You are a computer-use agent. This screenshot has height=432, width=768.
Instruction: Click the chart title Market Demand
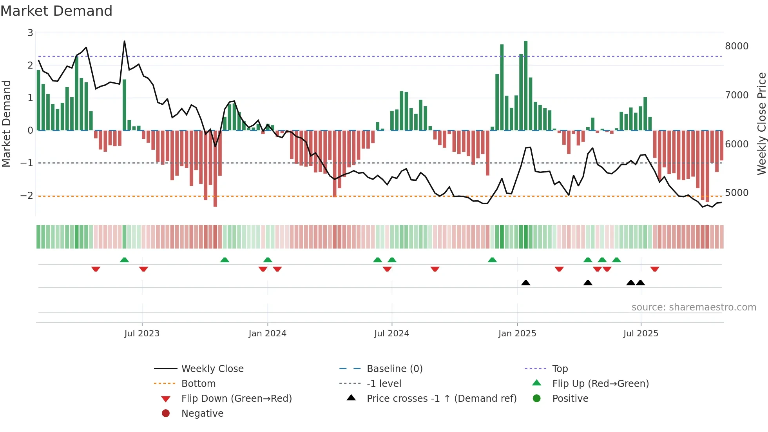pos(56,11)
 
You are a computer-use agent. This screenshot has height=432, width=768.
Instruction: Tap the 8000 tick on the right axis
pos(736,46)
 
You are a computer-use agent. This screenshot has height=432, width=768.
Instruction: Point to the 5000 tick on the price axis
pos(736,193)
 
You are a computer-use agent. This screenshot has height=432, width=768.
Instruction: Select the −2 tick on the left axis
pos(27,195)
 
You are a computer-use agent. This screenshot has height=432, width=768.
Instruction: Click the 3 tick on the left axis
pos(30,33)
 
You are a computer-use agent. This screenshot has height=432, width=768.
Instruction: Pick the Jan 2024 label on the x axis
pos(267,334)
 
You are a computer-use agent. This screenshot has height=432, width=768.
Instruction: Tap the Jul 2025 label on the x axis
pos(641,334)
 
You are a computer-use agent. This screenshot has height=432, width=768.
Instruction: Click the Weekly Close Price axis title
pos(761,123)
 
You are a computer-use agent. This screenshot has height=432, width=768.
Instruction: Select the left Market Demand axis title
pos(6,123)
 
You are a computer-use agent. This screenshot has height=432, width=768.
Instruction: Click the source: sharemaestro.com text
pos(694,307)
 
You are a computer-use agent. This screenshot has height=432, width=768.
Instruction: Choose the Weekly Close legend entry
pos(212,369)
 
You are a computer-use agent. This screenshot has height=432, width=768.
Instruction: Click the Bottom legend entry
pos(198,384)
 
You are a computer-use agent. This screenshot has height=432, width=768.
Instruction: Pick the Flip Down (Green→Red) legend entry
pos(236,399)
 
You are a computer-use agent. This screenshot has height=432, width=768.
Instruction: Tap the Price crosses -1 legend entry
pos(441,399)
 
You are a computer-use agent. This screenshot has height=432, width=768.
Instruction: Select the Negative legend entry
pos(202,414)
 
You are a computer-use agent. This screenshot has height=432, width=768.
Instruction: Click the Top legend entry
pos(560,369)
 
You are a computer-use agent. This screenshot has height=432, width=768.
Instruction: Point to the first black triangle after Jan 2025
pos(526,283)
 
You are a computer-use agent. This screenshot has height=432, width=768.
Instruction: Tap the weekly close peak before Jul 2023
pos(125,41)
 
